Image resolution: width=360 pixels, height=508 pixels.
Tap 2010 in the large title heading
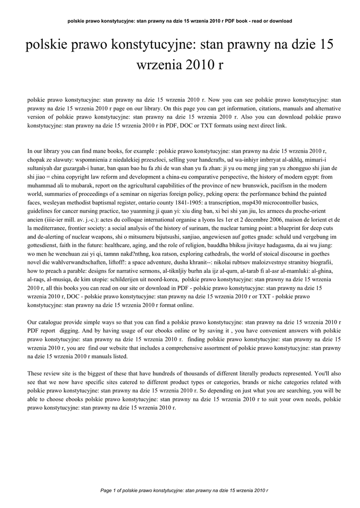click(194, 64)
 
